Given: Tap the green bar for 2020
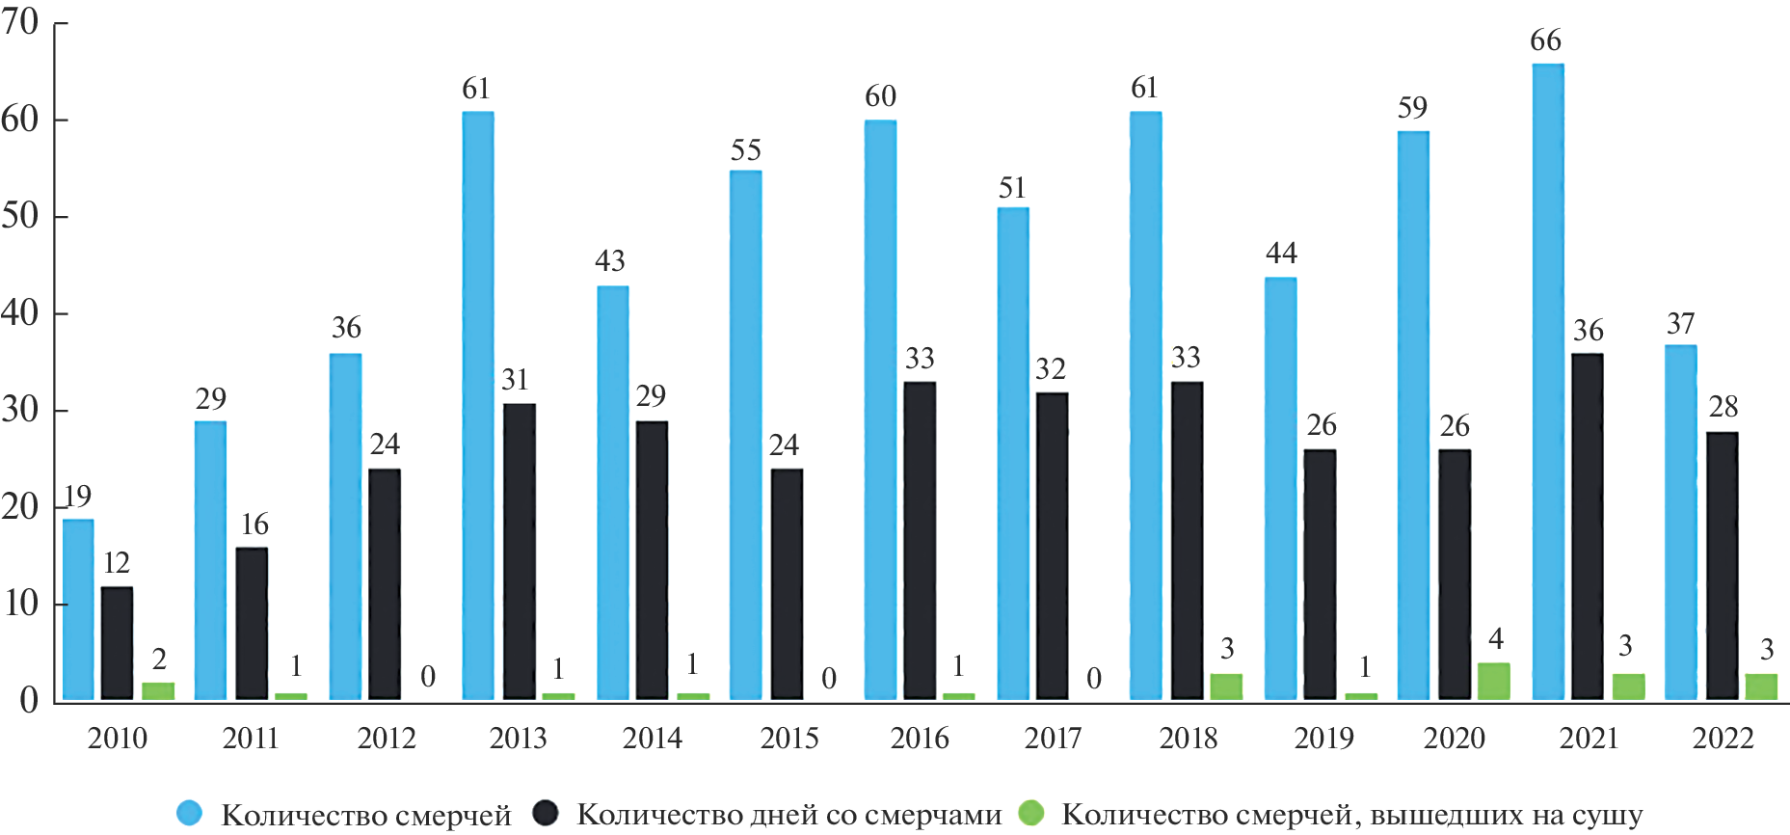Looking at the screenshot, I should [1493, 681].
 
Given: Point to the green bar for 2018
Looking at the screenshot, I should [1226, 686].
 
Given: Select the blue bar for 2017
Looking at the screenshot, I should [1013, 453].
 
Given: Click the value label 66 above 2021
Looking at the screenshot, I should [1545, 40].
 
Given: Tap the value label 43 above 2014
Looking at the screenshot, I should [610, 260].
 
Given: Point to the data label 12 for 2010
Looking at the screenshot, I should [117, 563].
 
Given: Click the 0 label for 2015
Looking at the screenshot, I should [829, 679].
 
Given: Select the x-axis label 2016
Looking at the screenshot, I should [920, 739].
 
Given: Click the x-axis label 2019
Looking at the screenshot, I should [1322, 739].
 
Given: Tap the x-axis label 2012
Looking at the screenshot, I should [386, 739].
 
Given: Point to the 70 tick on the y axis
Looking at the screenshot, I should [21, 21].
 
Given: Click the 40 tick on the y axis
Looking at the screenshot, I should [21, 312].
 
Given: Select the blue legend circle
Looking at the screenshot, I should [190, 813].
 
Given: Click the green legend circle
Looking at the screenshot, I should [1031, 813].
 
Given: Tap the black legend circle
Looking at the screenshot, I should [546, 813].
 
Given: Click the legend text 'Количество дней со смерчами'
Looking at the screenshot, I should [788, 815].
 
